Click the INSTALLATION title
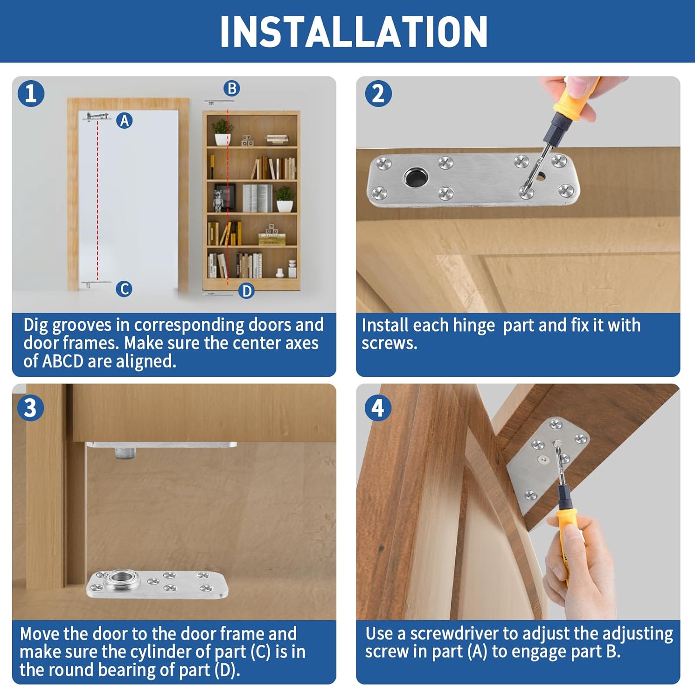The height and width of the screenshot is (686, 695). [354, 31]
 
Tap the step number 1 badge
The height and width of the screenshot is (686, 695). [31, 94]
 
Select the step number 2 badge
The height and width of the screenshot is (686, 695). [378, 94]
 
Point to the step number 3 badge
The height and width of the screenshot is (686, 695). [30, 408]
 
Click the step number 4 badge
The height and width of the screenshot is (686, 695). [378, 408]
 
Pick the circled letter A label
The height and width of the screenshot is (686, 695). [124, 121]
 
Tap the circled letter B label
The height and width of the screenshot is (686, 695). [232, 88]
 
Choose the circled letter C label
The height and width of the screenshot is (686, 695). [124, 289]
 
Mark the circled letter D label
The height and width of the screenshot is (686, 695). [246, 291]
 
